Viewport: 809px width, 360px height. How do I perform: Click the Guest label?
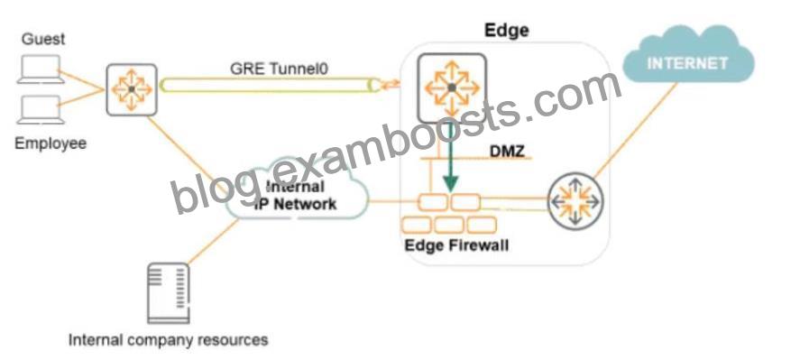(43, 40)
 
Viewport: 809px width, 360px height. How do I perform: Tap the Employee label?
(50, 143)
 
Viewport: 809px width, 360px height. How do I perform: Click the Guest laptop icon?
(41, 69)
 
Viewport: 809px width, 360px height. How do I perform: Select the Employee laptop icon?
(41, 110)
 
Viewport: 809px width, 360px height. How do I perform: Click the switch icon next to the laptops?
(132, 89)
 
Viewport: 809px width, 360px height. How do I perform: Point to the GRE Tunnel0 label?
(279, 69)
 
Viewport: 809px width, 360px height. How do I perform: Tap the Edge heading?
(506, 30)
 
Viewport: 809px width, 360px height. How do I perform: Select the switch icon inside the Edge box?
(452, 88)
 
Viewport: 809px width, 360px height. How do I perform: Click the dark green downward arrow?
(450, 158)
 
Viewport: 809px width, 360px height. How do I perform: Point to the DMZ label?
(507, 151)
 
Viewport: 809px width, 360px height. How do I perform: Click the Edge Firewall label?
(456, 244)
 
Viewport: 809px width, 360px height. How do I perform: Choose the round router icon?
(575, 201)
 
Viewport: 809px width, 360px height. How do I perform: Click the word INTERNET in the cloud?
(687, 63)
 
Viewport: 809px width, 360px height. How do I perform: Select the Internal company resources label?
(168, 340)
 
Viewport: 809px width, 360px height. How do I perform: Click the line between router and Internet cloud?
(635, 131)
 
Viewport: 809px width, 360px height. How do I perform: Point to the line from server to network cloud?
(213, 241)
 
